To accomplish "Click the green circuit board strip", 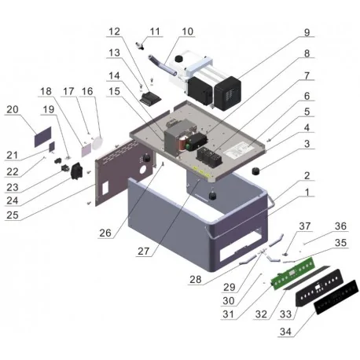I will [291, 277].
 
